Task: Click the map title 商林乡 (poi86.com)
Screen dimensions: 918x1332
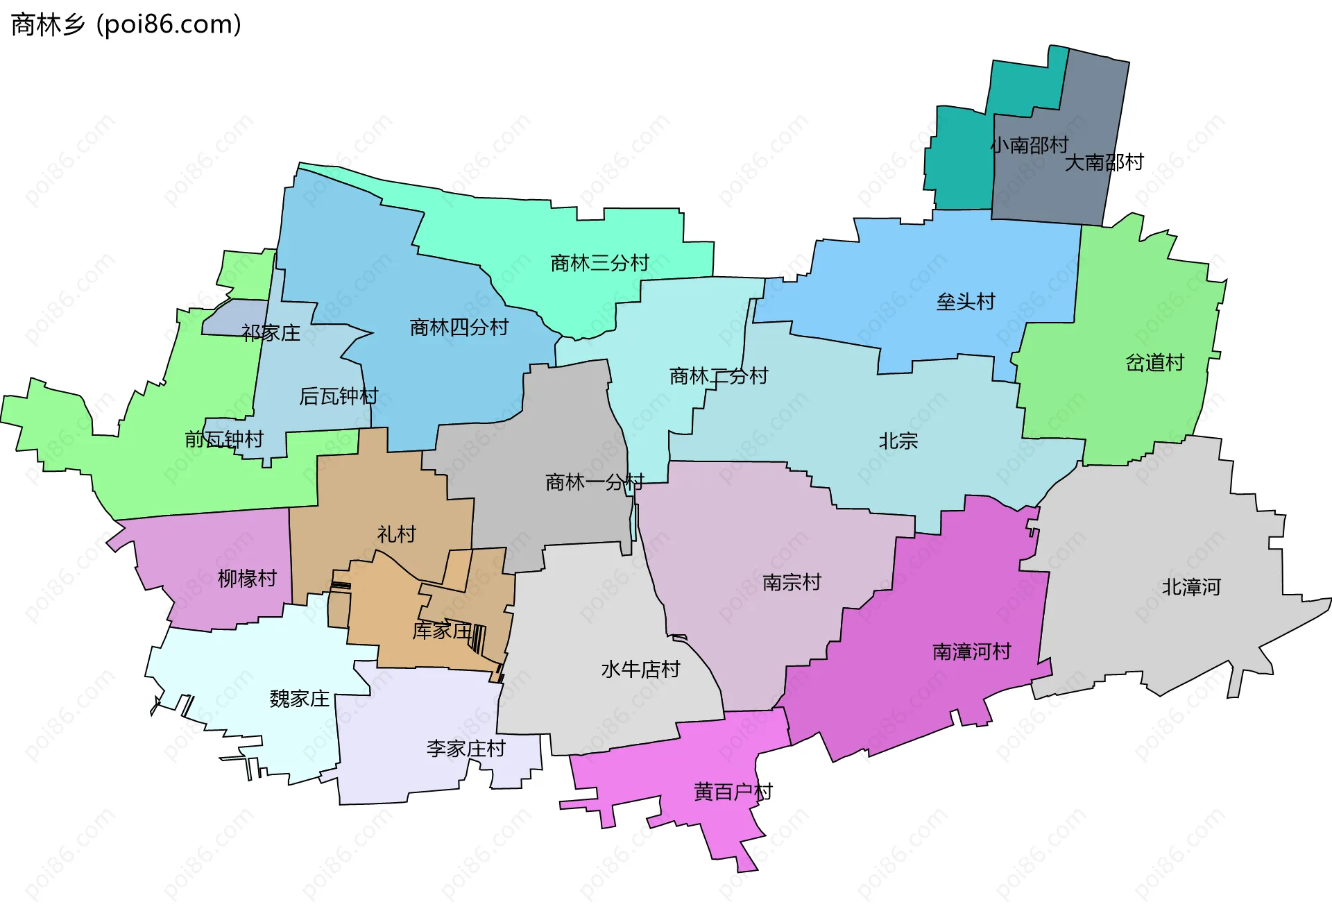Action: (x=126, y=25)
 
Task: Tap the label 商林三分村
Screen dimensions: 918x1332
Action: (x=599, y=263)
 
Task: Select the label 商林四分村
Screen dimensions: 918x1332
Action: (x=459, y=327)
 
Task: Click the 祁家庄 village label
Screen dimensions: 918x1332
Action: (x=271, y=333)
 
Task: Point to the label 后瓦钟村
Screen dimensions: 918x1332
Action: (x=338, y=396)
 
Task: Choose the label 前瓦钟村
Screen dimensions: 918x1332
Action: (x=223, y=439)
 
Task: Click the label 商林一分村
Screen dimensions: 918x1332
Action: (x=594, y=482)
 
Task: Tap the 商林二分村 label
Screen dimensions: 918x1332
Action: (x=718, y=376)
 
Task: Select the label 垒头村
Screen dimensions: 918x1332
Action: (x=965, y=302)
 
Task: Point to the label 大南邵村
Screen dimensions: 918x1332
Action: (x=1103, y=162)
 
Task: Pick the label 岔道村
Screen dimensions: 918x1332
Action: (x=1154, y=363)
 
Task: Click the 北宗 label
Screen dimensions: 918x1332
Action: (x=898, y=441)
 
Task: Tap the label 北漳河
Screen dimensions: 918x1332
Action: (x=1190, y=587)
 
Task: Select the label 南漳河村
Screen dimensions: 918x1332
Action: (x=971, y=652)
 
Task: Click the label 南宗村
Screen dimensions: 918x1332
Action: (x=791, y=582)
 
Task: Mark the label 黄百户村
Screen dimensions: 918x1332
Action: (x=733, y=792)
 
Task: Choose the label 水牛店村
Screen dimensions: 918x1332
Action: (x=640, y=670)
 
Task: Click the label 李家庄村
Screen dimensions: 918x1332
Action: (x=466, y=749)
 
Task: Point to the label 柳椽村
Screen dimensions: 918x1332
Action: (x=247, y=578)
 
